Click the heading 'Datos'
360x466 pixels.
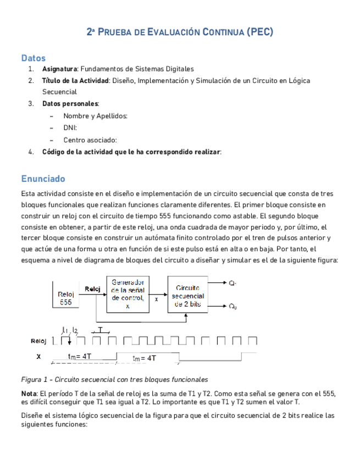(33, 58)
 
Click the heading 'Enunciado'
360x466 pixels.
(43, 179)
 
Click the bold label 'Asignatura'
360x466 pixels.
(60, 69)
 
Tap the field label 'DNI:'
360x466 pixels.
(70, 127)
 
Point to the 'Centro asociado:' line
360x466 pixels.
(90, 140)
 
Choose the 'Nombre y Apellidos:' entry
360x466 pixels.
(95, 116)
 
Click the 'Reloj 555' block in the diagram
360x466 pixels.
(65, 298)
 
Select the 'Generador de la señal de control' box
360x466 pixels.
(128, 293)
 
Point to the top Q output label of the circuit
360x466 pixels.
(232, 283)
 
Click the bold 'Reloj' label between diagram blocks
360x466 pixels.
(92, 289)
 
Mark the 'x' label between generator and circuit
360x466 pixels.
(156, 299)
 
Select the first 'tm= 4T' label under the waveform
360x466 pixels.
(80, 356)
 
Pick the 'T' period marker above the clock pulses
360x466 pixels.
(100, 329)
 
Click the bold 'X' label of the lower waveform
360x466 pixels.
(38, 356)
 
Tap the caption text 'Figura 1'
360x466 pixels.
(36, 379)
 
